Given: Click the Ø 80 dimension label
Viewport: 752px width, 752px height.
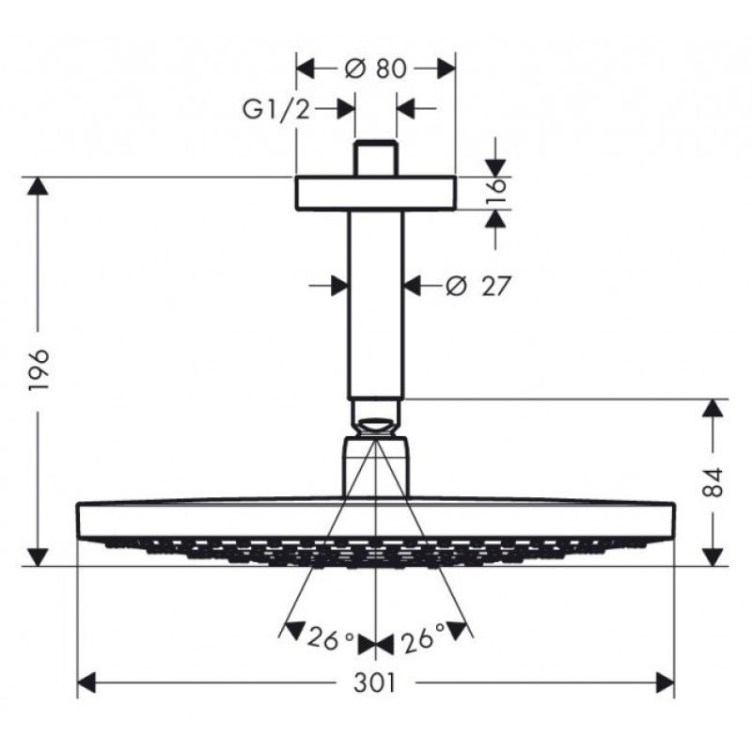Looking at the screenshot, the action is [375, 69].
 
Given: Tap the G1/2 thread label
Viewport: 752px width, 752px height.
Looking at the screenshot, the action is [276, 109].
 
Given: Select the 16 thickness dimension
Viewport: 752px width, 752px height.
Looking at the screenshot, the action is [496, 193].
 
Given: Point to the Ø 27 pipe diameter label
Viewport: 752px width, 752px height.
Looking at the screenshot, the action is [478, 287].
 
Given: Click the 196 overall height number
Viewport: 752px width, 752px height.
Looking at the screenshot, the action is [39, 369].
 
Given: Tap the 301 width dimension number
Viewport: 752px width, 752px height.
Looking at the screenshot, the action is [375, 682].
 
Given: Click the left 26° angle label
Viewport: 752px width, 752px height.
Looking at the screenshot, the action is [331, 638].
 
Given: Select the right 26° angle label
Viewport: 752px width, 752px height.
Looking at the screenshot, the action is [422, 637].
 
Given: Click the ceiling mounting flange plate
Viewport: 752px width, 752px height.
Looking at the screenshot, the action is [375, 194].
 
